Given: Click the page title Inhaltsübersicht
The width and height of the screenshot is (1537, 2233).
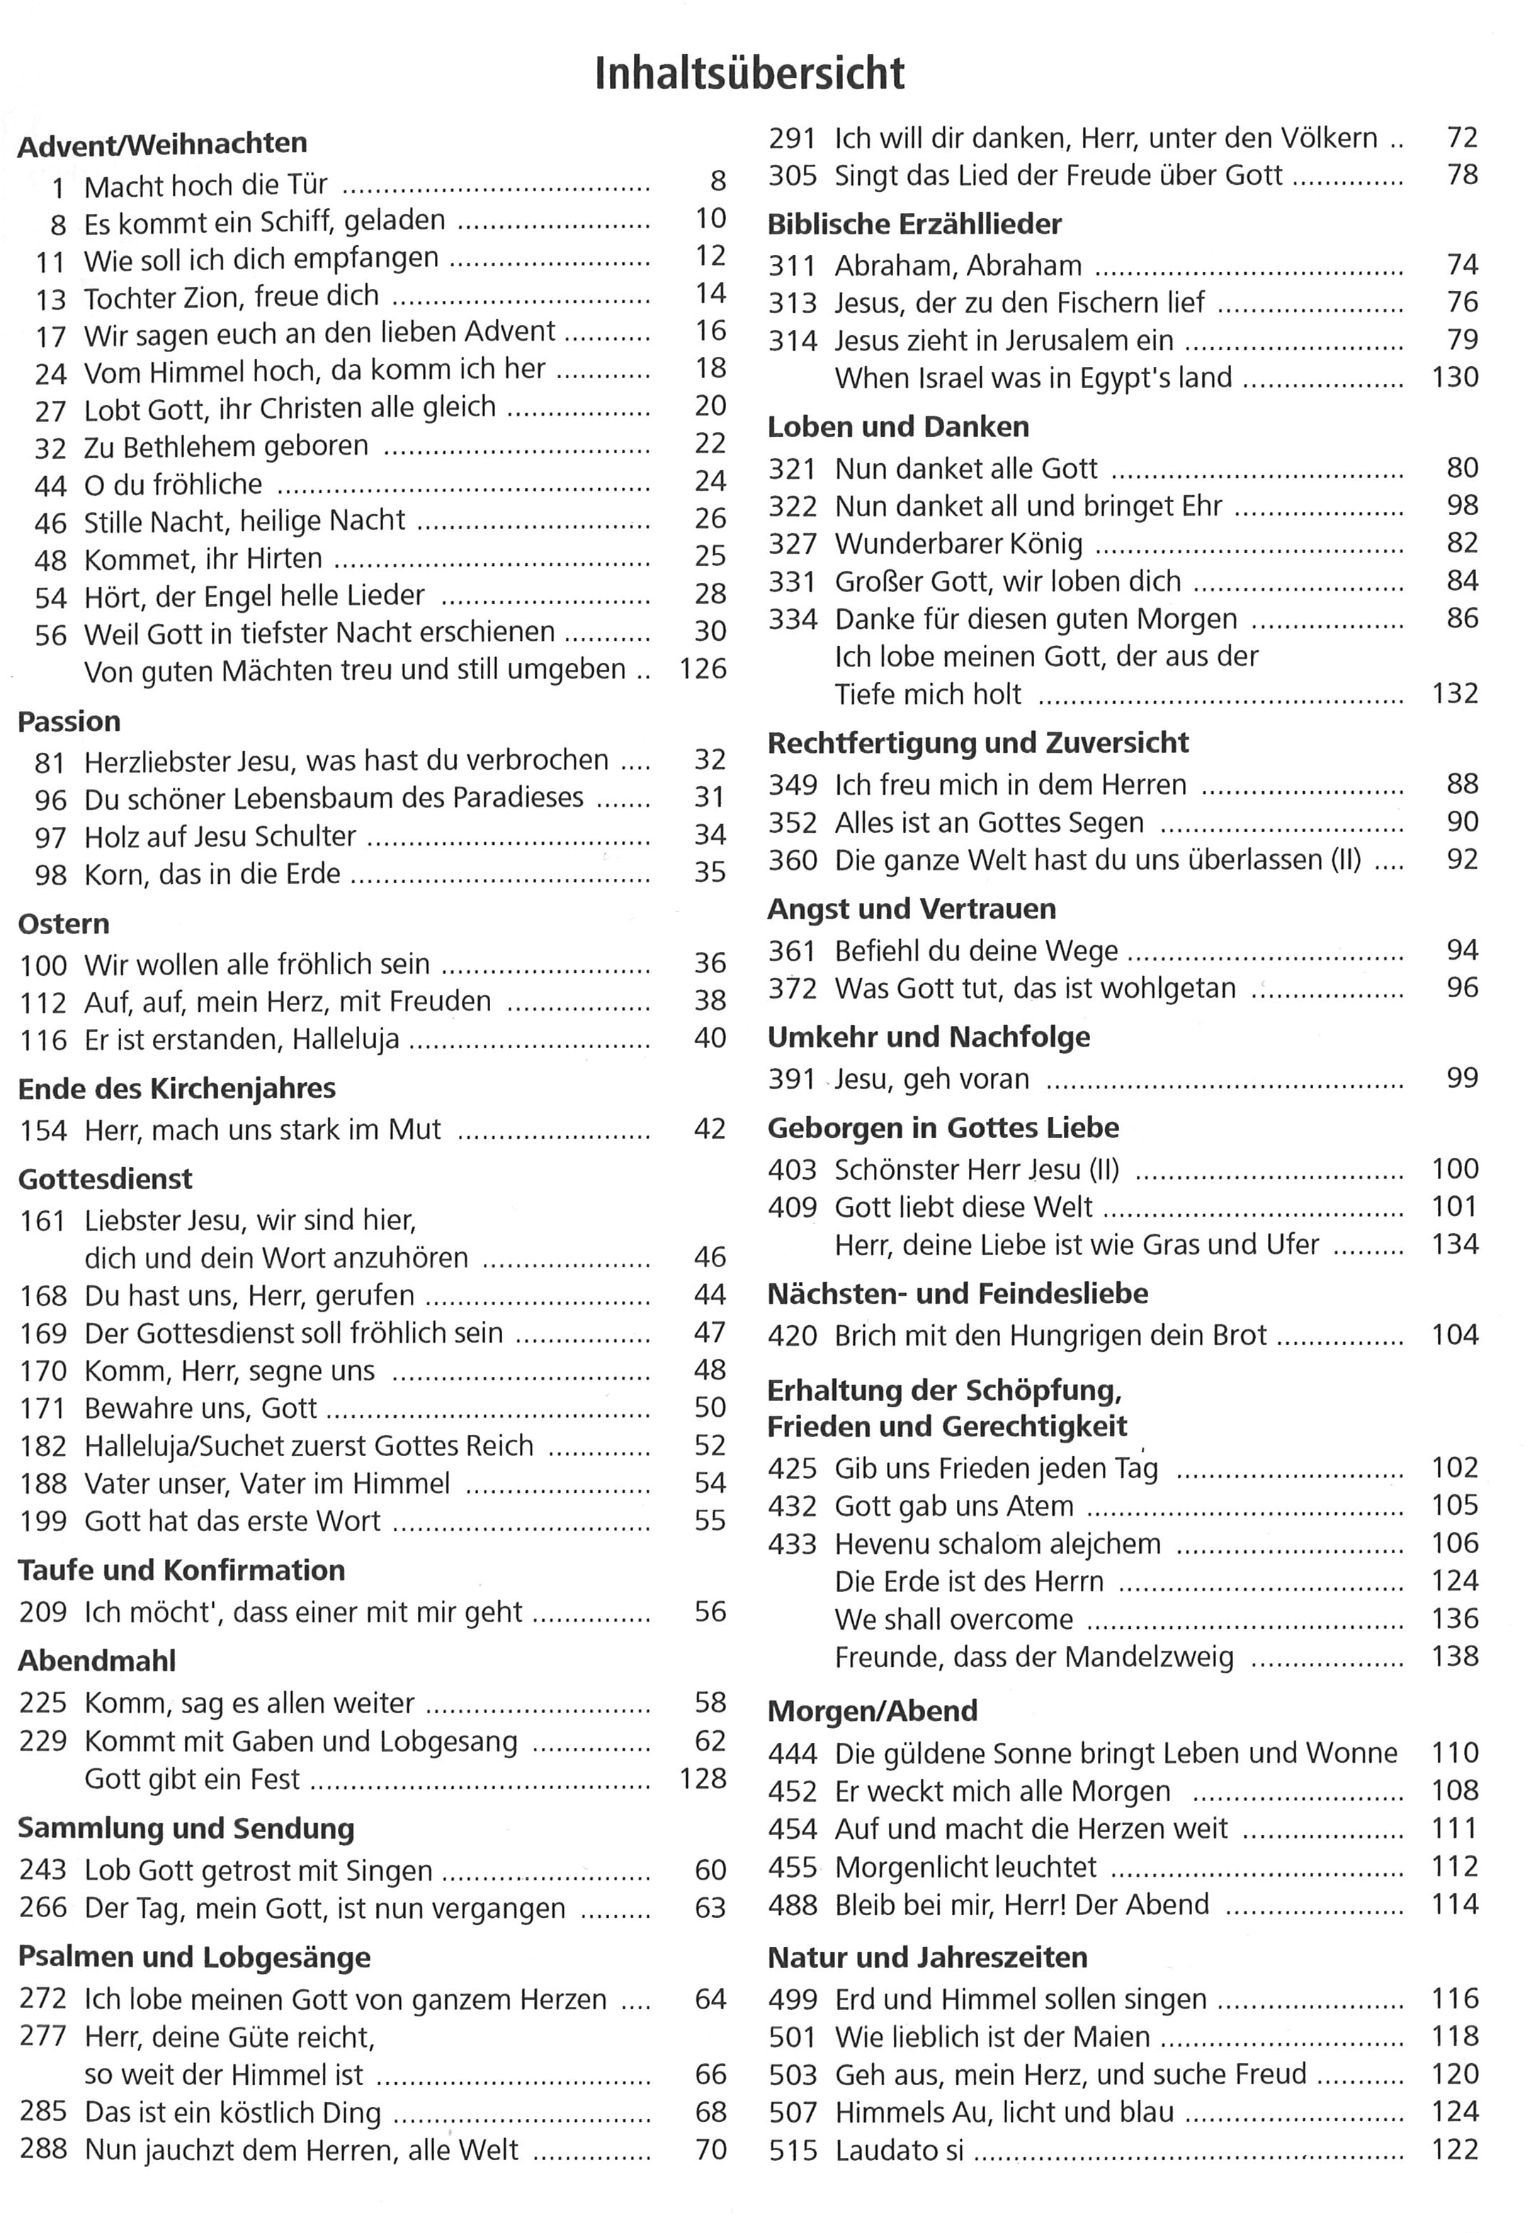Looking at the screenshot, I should coord(749,74).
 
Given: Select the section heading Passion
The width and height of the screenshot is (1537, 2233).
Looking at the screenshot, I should coord(69,721).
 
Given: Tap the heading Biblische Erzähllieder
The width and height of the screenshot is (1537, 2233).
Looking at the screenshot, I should coord(914,225).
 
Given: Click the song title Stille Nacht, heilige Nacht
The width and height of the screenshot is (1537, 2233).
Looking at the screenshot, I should coord(244,521).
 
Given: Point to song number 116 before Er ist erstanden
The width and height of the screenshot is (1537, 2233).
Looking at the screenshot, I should coord(43,1040).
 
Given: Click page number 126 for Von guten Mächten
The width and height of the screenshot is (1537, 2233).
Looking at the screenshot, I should coord(702,669).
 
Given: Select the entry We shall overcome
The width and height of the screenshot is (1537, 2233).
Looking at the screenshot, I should coord(953,1619).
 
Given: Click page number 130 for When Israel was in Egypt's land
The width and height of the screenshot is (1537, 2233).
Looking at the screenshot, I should coord(1454,377).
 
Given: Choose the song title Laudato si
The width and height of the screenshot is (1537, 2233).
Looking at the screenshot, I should coord(900,2150).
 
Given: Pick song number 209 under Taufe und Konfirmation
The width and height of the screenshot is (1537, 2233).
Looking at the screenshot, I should coord(43,1612).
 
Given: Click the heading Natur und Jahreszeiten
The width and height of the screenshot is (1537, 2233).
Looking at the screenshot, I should coord(927,1957).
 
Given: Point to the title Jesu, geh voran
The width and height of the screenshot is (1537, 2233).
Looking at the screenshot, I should coord(931,1079).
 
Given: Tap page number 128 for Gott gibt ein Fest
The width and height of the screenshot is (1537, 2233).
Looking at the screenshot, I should coord(702,1778).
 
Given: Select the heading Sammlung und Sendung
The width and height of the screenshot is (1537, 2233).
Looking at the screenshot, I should coord(186,1828).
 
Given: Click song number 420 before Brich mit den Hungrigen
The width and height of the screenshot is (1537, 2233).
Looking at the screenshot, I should coord(792,1336).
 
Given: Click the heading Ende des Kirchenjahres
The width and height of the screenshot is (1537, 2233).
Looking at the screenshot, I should coord(176,1088).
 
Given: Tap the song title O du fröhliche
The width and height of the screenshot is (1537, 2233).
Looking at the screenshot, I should coord(174,484).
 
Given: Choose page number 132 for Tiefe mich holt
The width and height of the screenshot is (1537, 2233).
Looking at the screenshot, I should coord(1454,693).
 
